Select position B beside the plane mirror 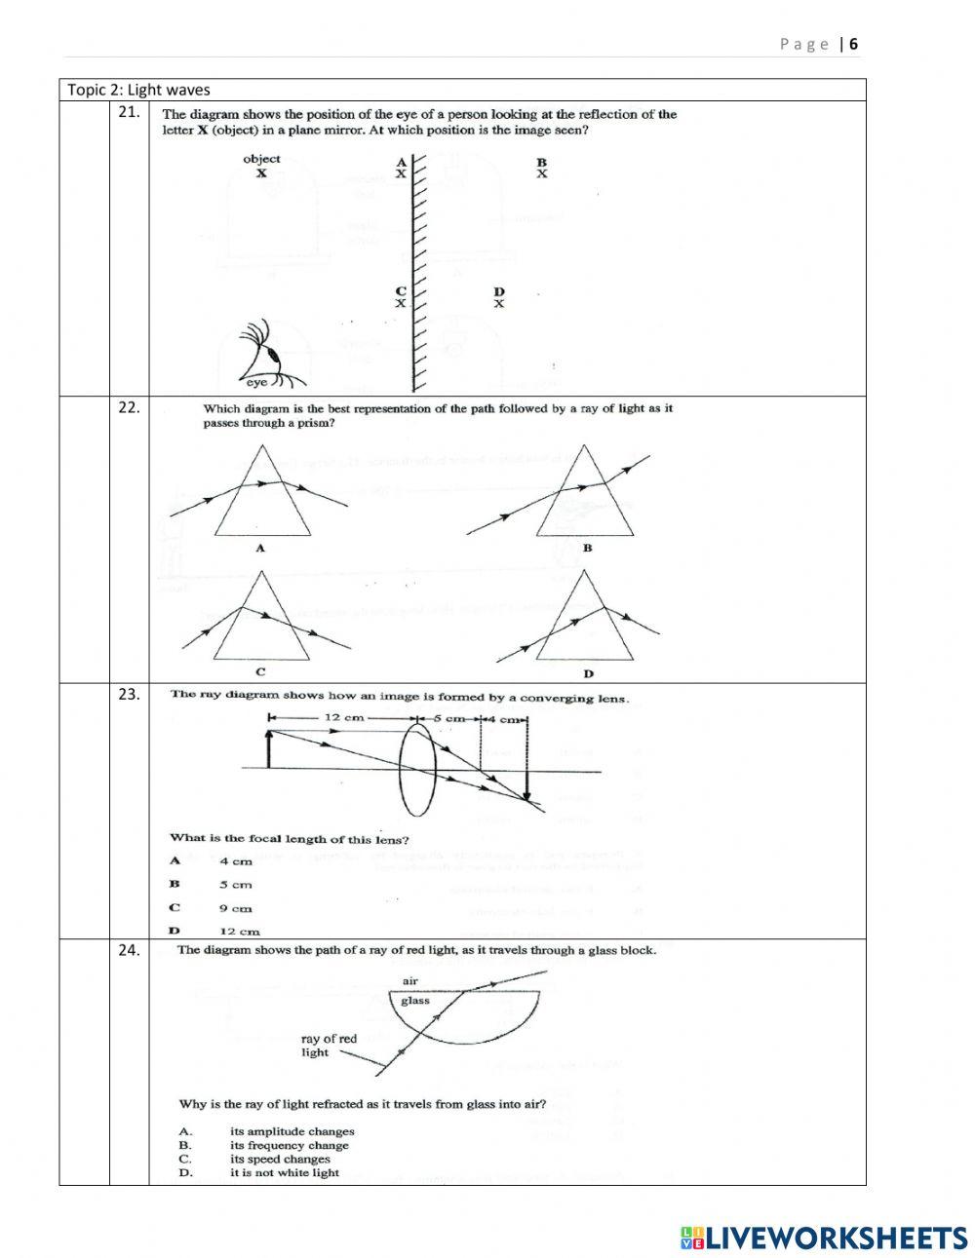point(542,169)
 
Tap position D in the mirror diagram point(499,298)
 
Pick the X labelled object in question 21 point(261,172)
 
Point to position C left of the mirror point(400,297)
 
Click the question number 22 point(129,408)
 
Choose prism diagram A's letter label point(260,549)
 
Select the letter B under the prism point(587,549)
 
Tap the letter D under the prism point(588,673)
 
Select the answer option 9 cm point(236,908)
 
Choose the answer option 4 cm point(236,861)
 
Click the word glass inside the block point(415,1000)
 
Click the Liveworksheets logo point(824,1238)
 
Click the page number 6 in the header point(854,44)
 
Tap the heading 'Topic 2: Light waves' point(138,90)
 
